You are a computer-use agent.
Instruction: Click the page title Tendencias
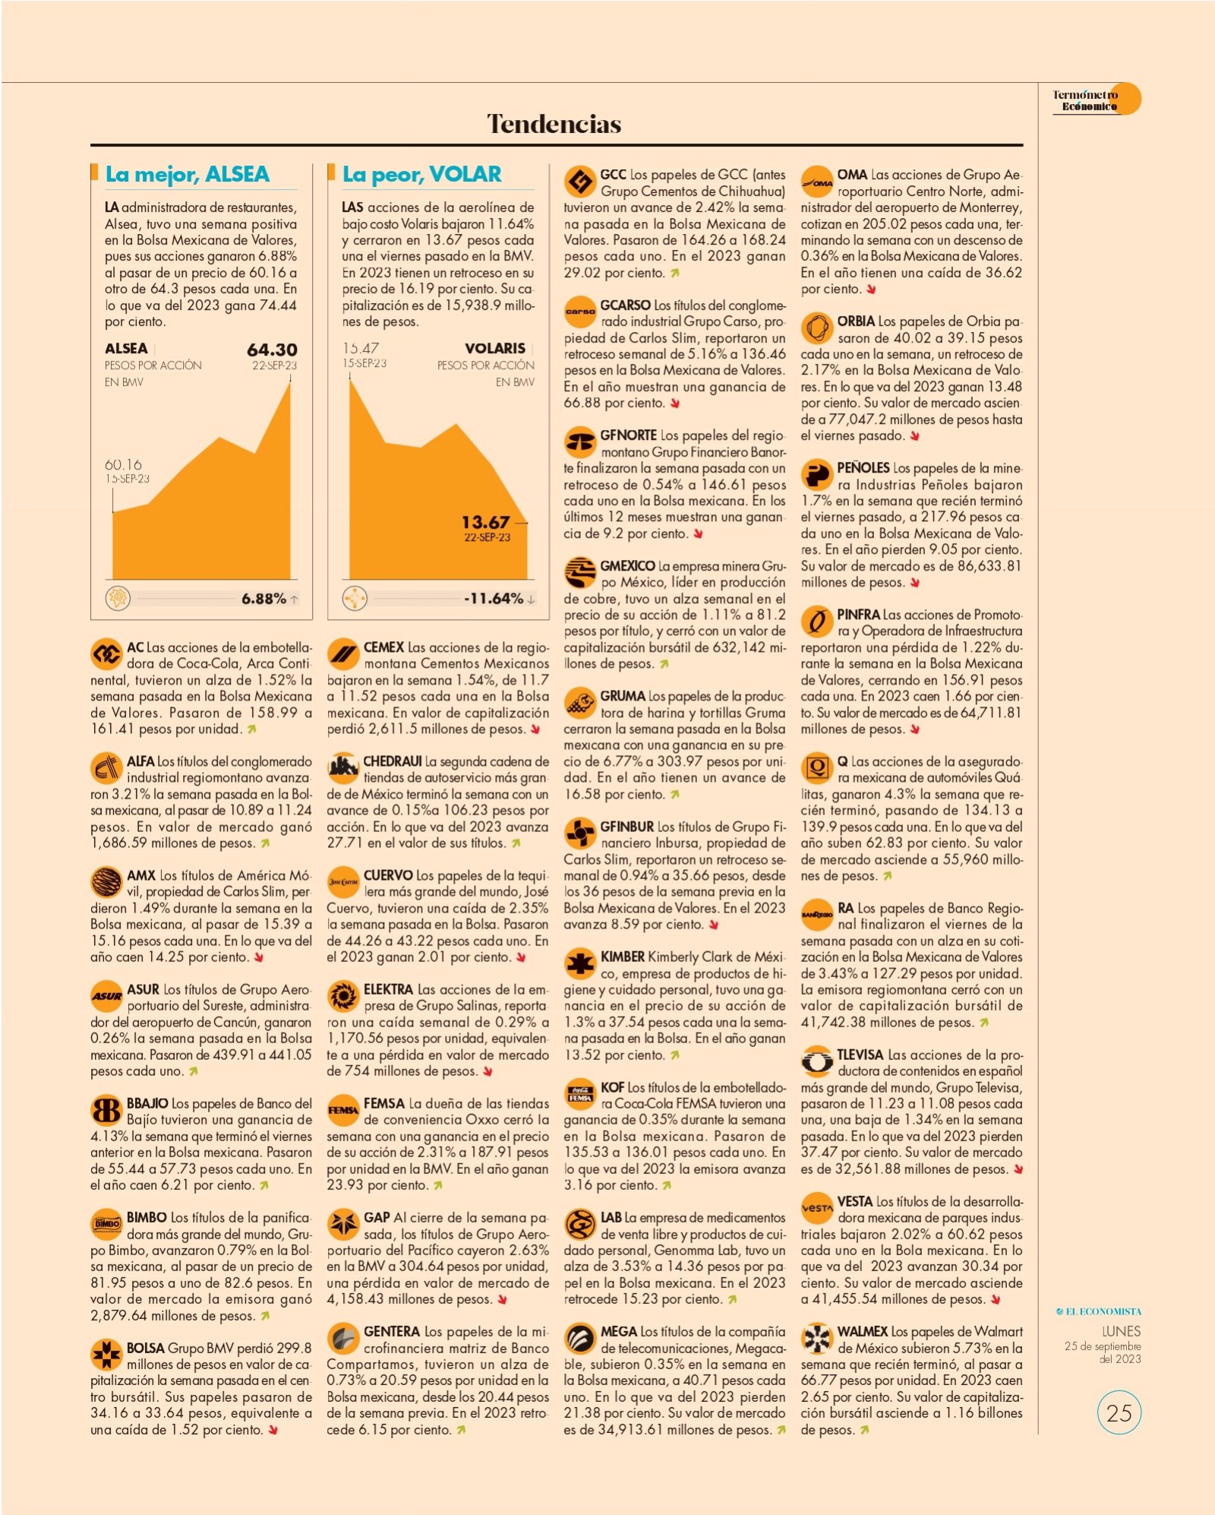click(x=554, y=123)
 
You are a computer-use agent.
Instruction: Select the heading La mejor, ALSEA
click(x=187, y=174)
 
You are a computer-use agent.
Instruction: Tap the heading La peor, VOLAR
click(x=421, y=174)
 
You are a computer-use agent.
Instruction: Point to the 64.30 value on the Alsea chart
click(x=272, y=349)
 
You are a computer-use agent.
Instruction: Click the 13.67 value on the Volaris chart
click(x=486, y=522)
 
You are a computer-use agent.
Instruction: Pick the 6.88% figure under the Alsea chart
click(x=264, y=599)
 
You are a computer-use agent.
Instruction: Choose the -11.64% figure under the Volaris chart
click(x=494, y=599)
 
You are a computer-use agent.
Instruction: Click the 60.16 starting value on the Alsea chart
click(x=123, y=464)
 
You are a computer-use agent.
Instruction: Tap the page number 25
click(x=1119, y=1412)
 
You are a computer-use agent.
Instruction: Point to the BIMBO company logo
click(x=106, y=1224)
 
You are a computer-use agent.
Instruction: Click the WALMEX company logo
click(x=817, y=1338)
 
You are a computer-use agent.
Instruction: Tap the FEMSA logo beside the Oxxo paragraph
click(x=343, y=1110)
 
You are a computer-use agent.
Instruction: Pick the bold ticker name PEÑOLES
click(x=863, y=468)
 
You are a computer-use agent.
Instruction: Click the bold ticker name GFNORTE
click(x=629, y=435)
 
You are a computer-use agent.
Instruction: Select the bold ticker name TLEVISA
click(x=860, y=1055)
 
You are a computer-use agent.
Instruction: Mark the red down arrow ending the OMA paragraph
click(x=871, y=289)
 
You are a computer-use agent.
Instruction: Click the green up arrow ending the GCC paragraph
click(x=674, y=274)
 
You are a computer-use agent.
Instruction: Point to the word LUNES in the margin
click(x=1121, y=1331)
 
